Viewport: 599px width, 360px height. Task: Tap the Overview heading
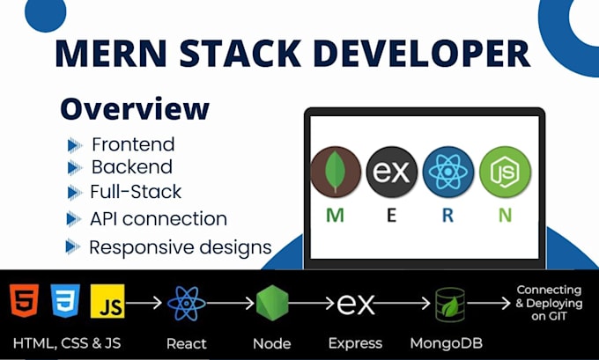(x=135, y=108)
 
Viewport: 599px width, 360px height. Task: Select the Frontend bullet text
(x=133, y=144)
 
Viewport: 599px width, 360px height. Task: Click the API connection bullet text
(x=159, y=218)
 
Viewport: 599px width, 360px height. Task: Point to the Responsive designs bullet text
(x=180, y=246)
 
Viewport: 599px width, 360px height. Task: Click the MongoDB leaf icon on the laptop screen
(x=336, y=173)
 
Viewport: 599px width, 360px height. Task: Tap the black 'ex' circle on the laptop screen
(x=391, y=173)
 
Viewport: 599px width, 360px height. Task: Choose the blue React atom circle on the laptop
(x=448, y=173)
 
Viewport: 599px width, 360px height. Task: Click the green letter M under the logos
(x=335, y=215)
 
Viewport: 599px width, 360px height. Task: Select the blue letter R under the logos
(x=447, y=215)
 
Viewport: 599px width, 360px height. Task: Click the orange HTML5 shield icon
(x=23, y=301)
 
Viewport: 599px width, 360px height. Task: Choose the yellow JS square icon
(x=108, y=302)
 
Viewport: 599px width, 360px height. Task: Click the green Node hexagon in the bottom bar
(x=272, y=304)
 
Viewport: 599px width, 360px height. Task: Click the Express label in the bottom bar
(x=357, y=342)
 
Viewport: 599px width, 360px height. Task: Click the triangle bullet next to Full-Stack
(x=73, y=193)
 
